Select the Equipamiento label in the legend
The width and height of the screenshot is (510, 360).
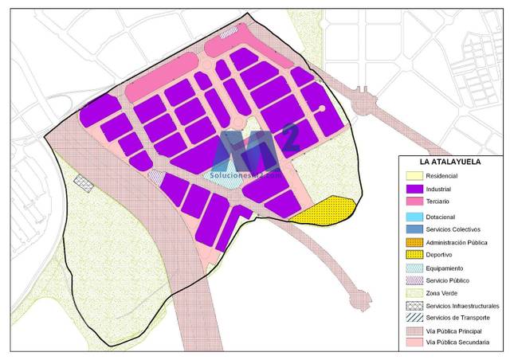[x=445, y=268]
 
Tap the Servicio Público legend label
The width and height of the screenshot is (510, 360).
[x=448, y=280]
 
